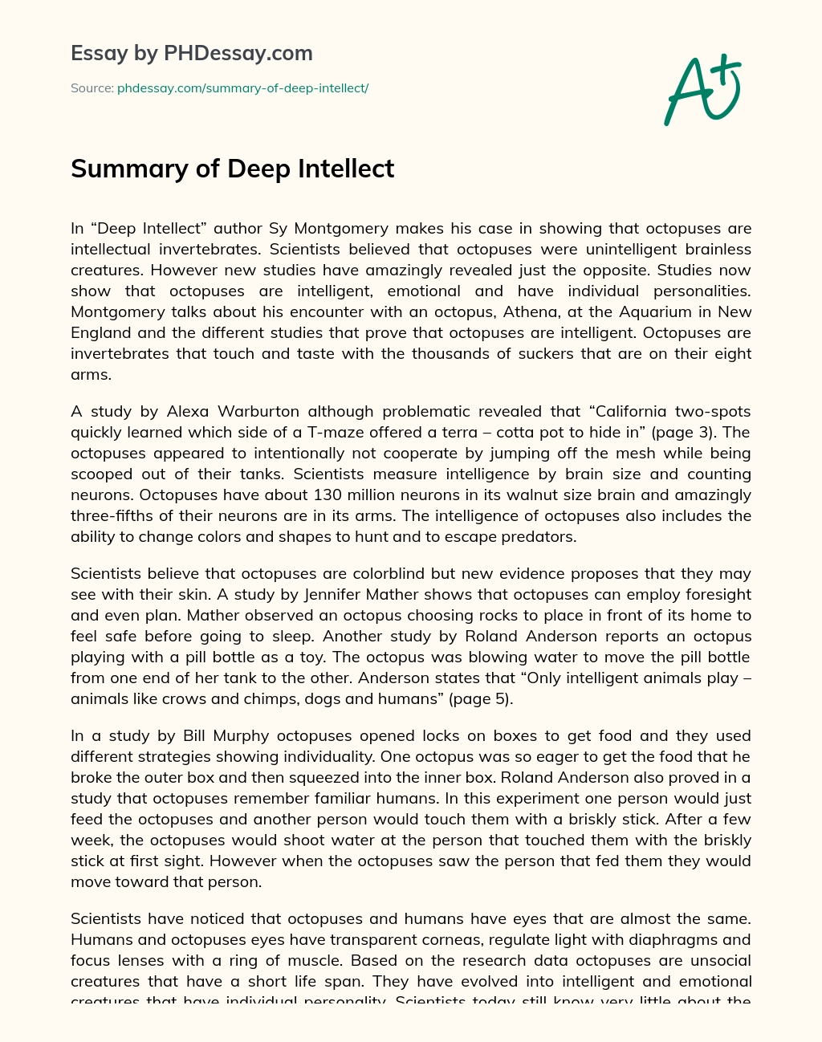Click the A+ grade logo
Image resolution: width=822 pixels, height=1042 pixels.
pos(703,89)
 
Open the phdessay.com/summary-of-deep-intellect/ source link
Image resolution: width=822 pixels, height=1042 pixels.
pos(242,88)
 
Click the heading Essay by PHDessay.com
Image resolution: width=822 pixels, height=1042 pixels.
pos(192,54)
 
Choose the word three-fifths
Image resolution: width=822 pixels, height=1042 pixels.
pos(113,515)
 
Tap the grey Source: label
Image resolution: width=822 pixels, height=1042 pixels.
pos(92,88)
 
